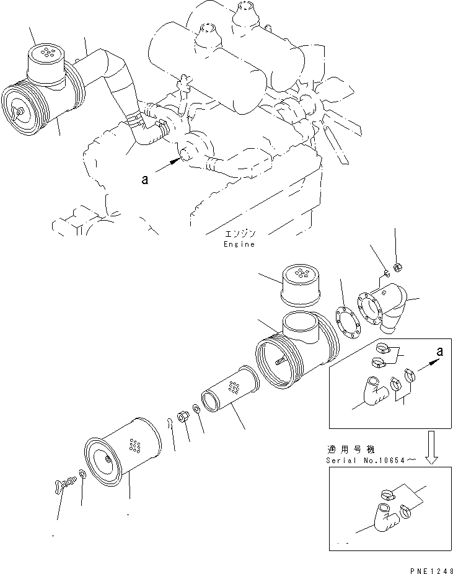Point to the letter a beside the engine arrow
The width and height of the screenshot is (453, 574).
pos(144,179)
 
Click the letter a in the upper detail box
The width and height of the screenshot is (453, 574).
pos(440,351)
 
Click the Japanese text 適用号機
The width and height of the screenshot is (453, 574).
pos(344,449)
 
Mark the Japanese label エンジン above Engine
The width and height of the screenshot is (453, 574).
pos(240,234)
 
